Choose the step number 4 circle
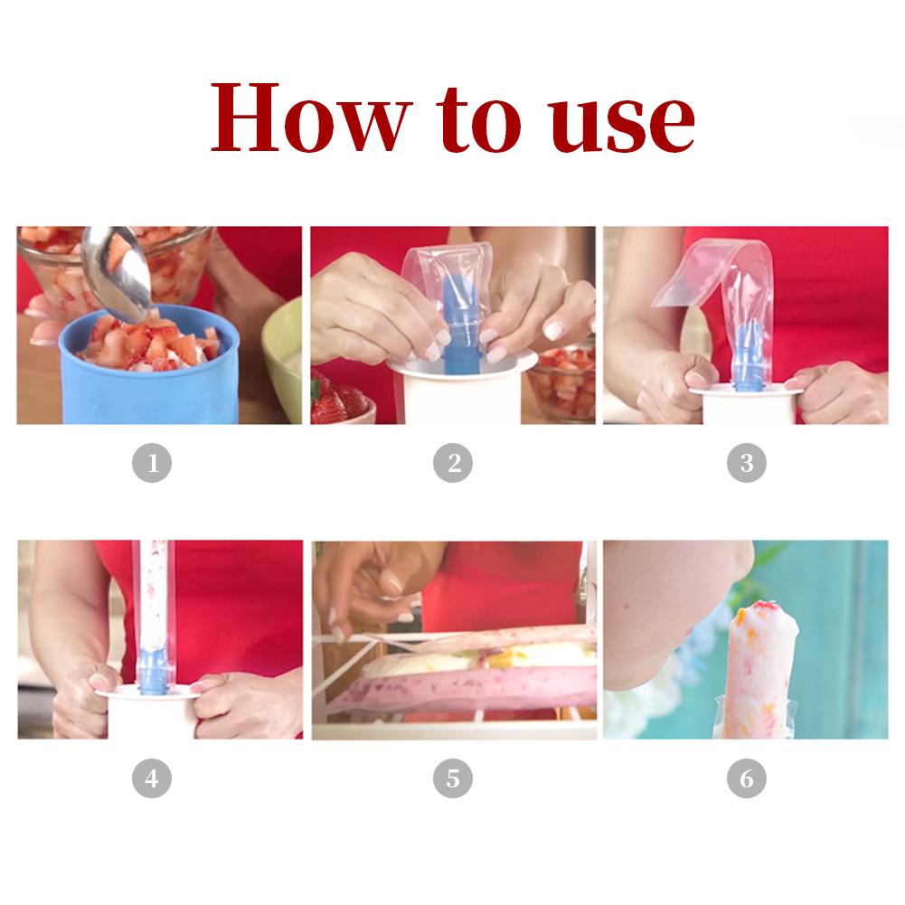[x=153, y=778]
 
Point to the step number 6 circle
[x=747, y=778]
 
